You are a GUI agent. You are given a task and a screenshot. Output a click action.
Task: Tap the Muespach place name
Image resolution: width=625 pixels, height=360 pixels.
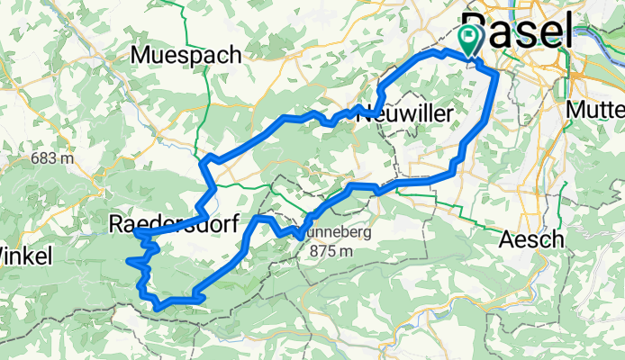186,55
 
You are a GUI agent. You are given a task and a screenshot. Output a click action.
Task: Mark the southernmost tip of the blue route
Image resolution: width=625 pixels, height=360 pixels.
159,308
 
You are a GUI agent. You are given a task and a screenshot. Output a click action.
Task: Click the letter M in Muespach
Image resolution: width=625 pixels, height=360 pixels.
140,55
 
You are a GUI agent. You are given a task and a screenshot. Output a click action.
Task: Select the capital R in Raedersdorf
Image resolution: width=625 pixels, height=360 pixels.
116,225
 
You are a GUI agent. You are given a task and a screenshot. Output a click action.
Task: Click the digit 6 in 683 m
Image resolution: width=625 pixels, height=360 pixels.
35,158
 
